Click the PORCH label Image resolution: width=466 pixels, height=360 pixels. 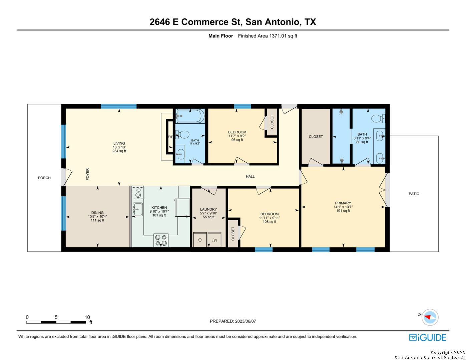point(44,178)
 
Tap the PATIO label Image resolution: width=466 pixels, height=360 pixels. point(414,194)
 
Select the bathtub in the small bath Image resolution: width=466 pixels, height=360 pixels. point(190,116)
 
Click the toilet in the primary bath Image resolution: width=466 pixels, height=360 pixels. point(378,118)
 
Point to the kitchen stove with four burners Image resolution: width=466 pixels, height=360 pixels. point(161,240)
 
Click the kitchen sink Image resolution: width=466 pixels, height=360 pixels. point(137,209)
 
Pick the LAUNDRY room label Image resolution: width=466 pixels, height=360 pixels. point(208,209)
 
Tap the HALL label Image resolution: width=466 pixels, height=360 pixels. point(250,177)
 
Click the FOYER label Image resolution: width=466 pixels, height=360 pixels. point(87,174)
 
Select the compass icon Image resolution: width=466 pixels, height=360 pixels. point(430,317)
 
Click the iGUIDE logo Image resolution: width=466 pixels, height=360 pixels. point(427,337)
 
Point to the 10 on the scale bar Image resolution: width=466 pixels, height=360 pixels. point(87,317)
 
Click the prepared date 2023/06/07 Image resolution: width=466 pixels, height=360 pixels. point(245,321)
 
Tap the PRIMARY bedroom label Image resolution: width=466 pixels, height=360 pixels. point(343,203)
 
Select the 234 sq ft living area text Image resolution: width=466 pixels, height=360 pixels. point(119,151)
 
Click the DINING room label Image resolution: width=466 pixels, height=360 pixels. point(97,213)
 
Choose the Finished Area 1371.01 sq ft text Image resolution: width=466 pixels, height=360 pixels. point(268,36)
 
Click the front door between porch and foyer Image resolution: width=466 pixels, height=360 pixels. point(66,177)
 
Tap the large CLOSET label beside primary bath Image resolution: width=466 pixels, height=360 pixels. point(316,137)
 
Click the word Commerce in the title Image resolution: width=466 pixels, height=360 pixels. point(205,22)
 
